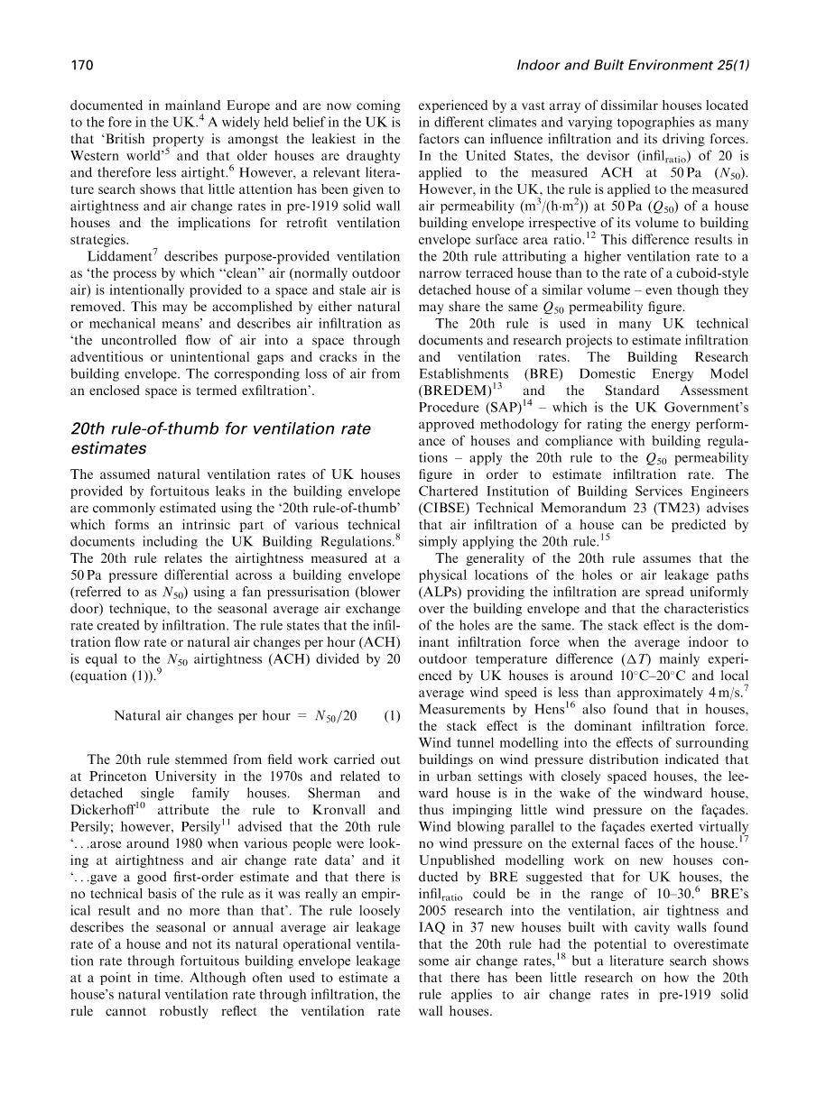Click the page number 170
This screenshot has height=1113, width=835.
tap(82, 65)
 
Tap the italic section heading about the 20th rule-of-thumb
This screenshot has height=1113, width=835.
tap(220, 437)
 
